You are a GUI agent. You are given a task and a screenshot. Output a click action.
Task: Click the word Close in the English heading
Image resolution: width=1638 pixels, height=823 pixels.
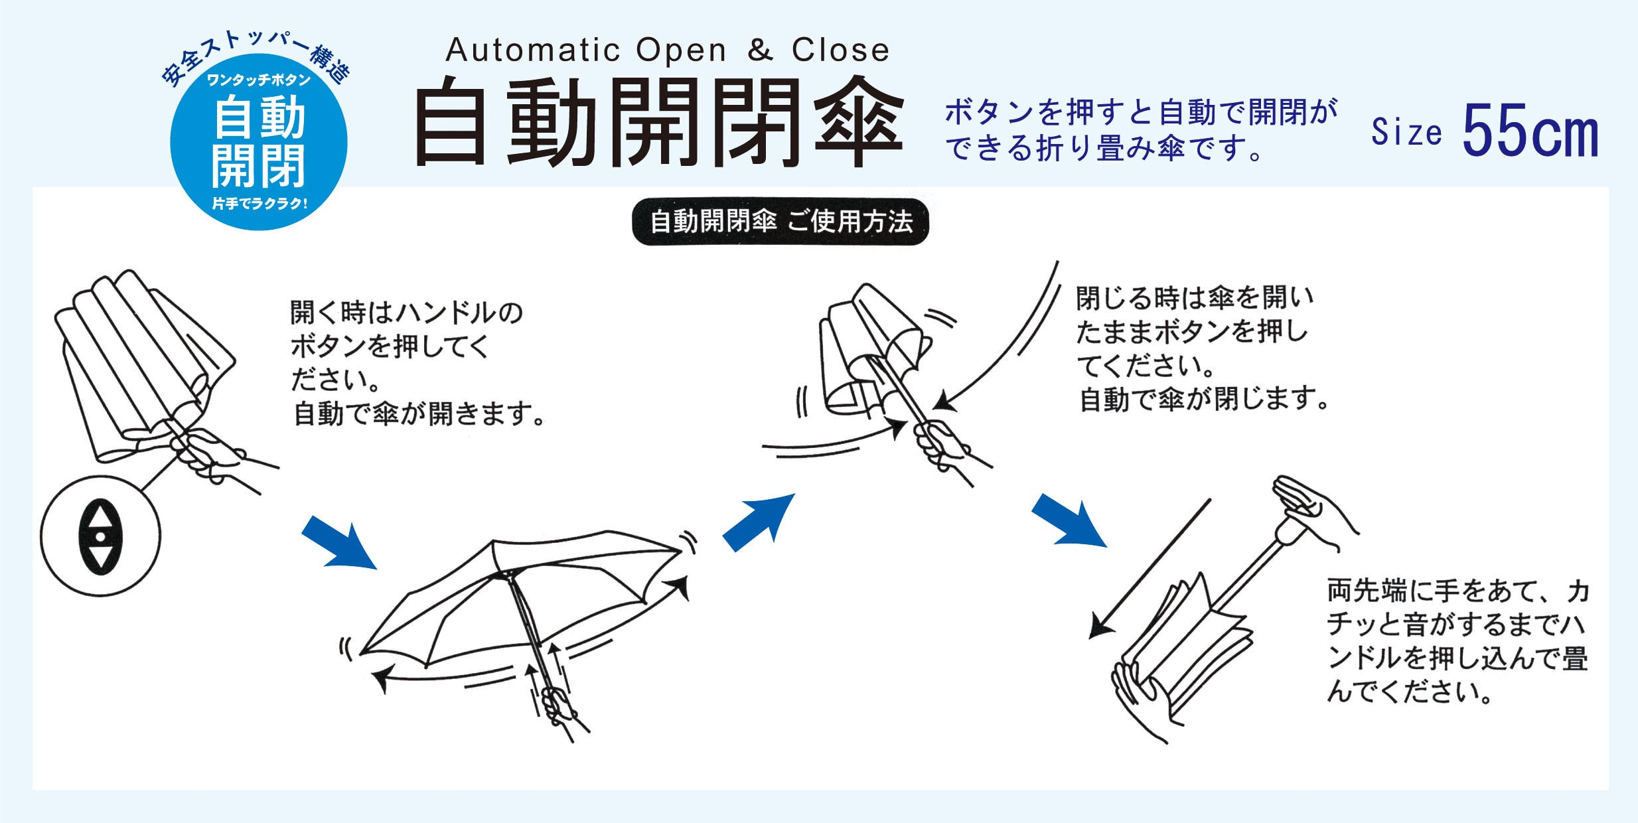pos(840,50)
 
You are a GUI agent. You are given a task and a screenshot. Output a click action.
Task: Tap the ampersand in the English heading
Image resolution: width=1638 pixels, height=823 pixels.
pos(760,50)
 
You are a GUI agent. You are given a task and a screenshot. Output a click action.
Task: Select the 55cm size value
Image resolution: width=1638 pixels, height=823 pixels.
pos(1529,131)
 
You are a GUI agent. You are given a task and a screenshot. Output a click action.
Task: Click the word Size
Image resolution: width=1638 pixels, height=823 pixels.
pos(1406,131)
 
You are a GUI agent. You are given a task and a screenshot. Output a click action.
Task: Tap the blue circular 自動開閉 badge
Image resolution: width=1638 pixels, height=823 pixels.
pos(259,143)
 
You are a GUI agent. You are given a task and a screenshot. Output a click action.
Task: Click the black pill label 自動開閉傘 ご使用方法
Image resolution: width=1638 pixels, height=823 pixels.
pos(781,222)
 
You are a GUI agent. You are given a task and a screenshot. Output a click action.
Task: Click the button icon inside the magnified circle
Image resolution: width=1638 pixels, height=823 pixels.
pos(100,536)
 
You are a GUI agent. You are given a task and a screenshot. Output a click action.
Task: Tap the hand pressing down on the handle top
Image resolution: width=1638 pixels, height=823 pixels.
pos(1311,507)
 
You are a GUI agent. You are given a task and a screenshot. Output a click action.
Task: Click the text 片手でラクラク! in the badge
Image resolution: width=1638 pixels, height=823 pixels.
pos(260,204)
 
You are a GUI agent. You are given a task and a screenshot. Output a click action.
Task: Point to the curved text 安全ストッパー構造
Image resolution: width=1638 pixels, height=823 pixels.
pos(255,57)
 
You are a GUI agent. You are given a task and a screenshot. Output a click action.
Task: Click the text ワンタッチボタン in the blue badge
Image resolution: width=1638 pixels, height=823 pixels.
pos(259,80)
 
